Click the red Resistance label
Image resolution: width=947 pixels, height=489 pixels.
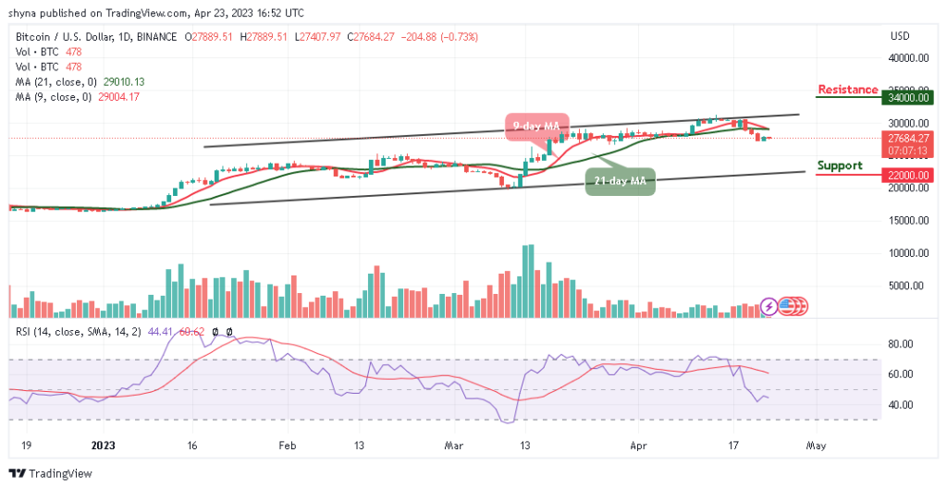[847, 90]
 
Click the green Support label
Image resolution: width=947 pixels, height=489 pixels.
[840, 165]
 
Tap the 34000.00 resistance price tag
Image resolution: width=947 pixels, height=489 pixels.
[903, 96]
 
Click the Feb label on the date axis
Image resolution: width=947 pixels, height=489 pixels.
[287, 444]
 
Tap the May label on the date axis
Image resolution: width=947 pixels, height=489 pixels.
[815, 444]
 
